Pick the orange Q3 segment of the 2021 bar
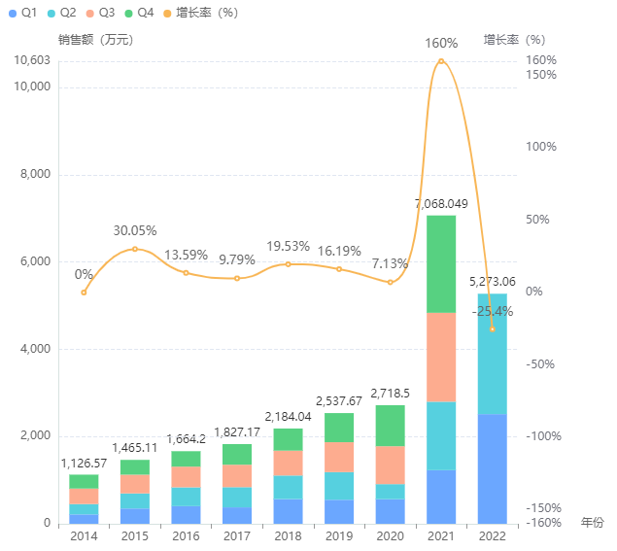[441, 357]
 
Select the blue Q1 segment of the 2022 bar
[492, 468]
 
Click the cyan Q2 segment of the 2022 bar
[492, 354]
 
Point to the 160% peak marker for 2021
[441, 61]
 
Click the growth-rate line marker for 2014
[84, 293]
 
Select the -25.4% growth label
[492, 312]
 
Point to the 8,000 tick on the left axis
[35, 175]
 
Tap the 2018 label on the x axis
[288, 535]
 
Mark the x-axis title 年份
[592, 523]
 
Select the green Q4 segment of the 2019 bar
[339, 428]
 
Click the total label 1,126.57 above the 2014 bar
[84, 463]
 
